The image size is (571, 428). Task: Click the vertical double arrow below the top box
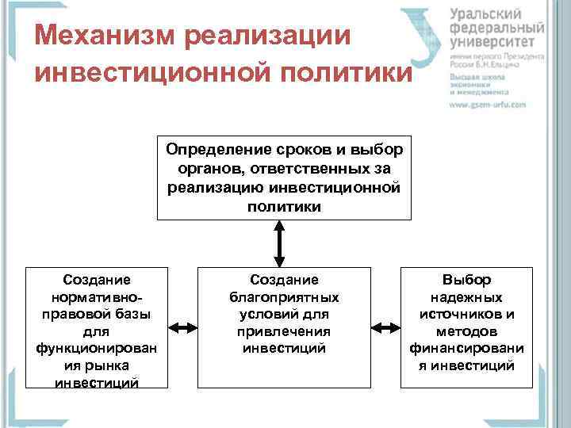pos(278,243)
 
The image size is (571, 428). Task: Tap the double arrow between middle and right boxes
pos(386,327)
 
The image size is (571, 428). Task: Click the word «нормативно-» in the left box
pos(97,296)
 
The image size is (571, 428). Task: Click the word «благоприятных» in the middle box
pos(283,296)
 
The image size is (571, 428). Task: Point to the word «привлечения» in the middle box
pos(283,331)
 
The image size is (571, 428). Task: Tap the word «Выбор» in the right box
pos(467,280)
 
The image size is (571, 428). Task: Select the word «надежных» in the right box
pos(467,296)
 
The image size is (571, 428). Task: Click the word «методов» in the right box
pos(467,331)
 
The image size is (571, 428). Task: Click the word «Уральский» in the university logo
pos(486,15)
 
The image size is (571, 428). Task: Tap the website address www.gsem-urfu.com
pos(488,104)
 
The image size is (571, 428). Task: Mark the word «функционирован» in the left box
pos(97,348)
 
